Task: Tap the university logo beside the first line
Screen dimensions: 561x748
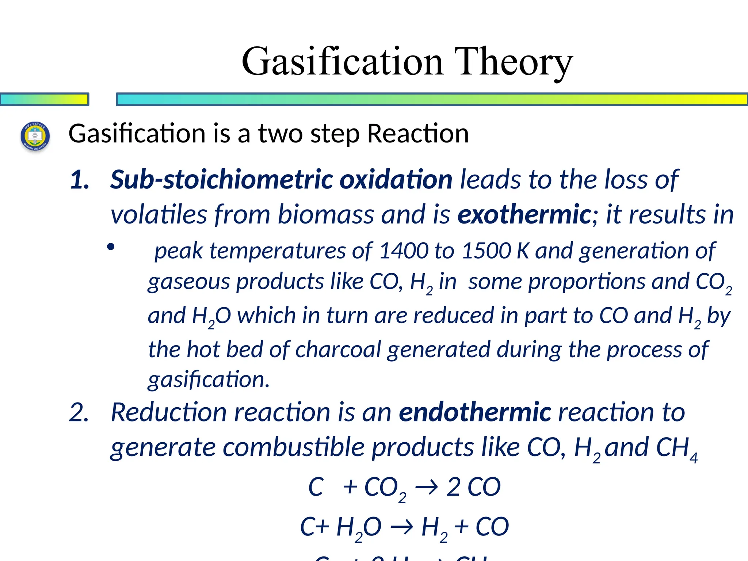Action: click(35, 137)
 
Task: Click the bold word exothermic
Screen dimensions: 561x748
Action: click(524, 214)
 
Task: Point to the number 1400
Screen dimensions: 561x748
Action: click(404, 251)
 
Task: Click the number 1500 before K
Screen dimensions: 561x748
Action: click(486, 251)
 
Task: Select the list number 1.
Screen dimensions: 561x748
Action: click(80, 180)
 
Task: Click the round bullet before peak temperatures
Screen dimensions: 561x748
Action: click(111, 247)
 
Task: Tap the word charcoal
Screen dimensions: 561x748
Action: click(338, 350)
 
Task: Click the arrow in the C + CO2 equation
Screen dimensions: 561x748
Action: click(427, 487)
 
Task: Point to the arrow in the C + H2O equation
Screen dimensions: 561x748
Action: click(402, 527)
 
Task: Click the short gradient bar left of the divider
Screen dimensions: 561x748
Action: click(44, 99)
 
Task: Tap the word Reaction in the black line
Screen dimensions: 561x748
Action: click(418, 134)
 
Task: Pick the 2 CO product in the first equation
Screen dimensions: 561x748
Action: click(473, 487)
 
